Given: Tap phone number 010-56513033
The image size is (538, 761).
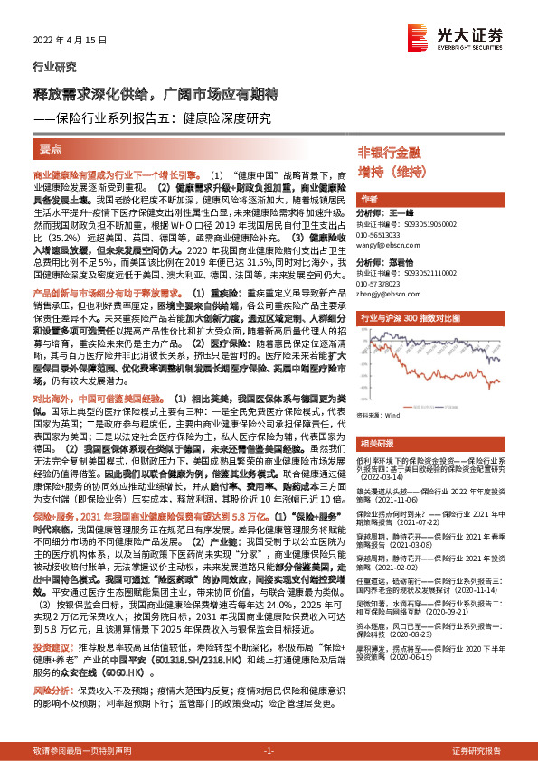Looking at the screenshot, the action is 384,234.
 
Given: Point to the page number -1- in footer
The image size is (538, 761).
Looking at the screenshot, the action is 269,750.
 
